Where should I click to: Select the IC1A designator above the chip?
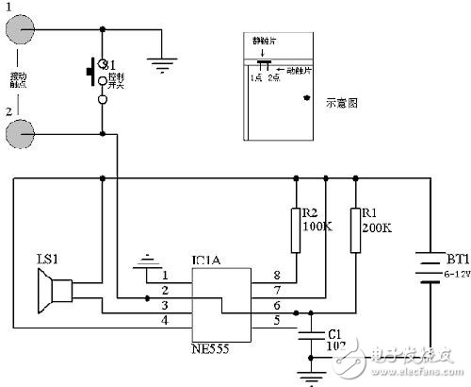click(x=207, y=260)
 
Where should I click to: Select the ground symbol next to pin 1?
click(x=143, y=259)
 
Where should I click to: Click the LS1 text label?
click(x=44, y=258)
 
